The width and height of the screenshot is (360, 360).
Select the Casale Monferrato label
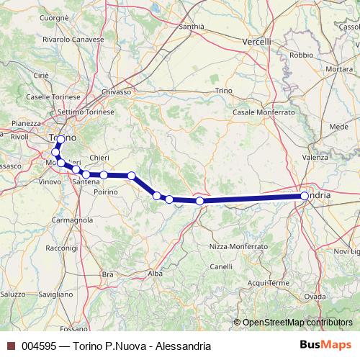point(264,113)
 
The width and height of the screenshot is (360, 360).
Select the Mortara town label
point(339,68)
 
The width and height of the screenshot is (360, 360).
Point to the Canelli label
point(220,266)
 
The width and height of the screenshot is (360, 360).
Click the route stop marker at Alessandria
point(305,196)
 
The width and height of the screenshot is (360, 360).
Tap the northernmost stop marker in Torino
point(61,139)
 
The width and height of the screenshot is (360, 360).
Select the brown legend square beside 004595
point(9,346)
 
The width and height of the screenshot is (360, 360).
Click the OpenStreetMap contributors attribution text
point(298,323)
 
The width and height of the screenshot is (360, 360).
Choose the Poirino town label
point(104,192)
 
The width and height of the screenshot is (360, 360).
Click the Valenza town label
point(315,157)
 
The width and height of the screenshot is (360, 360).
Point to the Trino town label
point(224,91)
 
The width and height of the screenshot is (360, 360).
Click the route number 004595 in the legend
point(40,346)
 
